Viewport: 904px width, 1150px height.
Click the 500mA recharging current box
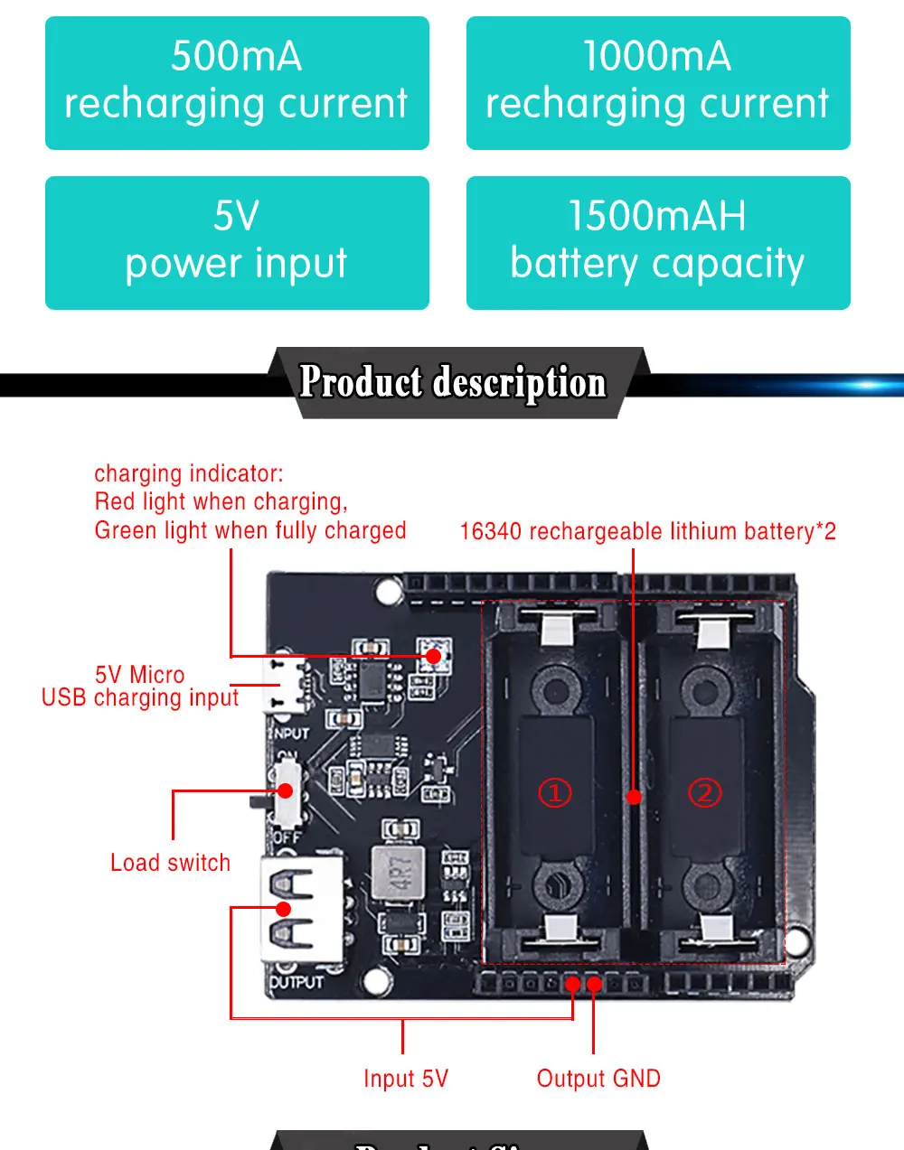coord(237,82)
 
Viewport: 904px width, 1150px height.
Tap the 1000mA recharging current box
coord(658,82)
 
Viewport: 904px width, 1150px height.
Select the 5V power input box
coord(237,242)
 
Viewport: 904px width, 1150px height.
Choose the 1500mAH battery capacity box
coord(658,242)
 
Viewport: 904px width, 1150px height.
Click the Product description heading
coord(453,382)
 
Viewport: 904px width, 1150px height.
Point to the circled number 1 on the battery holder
coord(555,793)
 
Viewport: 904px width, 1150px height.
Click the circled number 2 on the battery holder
coord(705,793)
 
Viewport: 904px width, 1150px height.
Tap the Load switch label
coord(170,863)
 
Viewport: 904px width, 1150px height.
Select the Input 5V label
coord(405,1079)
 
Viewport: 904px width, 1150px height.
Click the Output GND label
coord(598,1079)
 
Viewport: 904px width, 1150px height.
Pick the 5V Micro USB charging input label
coord(140,687)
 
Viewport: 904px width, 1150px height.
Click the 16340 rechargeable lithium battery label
coord(647,531)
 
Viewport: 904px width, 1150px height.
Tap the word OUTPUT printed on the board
coord(297,981)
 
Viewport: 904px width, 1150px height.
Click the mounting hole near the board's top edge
coord(389,592)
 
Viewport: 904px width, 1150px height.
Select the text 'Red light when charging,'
coord(221,502)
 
